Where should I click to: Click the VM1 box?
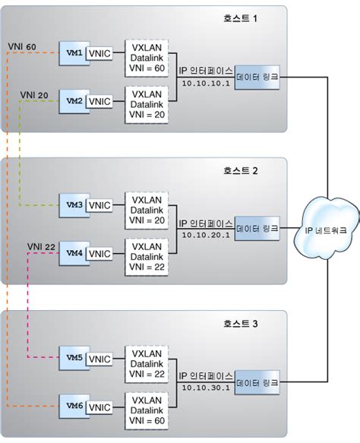73,53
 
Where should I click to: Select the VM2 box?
73,100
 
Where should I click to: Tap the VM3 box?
73,204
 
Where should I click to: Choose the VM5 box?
73,356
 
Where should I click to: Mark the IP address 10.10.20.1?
201,237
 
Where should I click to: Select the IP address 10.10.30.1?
201,390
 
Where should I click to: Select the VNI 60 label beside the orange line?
21,46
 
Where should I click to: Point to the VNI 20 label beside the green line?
34,94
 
